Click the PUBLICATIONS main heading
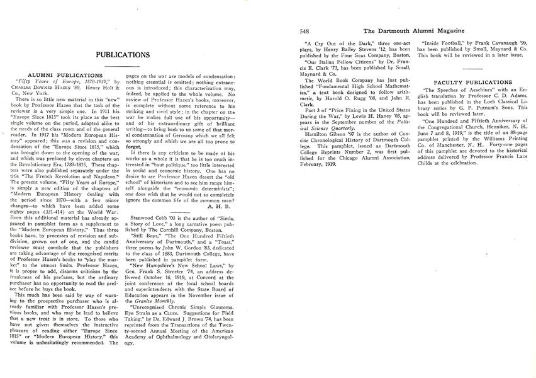coord(123,55)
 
